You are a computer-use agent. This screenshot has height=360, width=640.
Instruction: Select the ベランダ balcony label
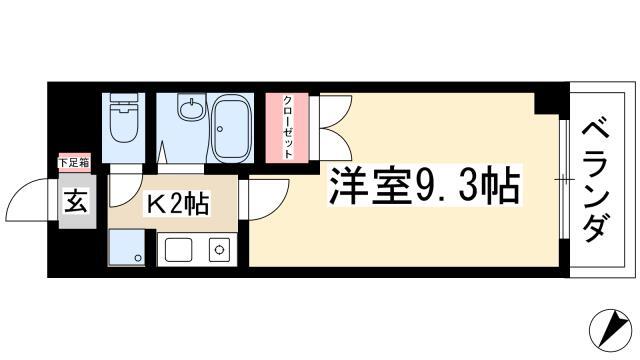[x=596, y=181]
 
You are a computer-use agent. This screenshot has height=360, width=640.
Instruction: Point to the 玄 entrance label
[x=76, y=201]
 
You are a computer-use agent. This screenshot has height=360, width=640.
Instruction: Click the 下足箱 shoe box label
[x=74, y=163]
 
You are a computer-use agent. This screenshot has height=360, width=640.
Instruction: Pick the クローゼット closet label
[x=288, y=127]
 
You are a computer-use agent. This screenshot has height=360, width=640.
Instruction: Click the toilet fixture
[x=123, y=118]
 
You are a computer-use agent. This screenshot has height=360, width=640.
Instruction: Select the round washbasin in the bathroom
[x=191, y=107]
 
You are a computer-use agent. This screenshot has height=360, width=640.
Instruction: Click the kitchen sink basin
[x=178, y=250]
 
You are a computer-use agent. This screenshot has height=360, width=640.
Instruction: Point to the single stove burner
[x=220, y=249]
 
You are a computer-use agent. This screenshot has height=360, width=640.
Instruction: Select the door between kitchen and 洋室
[x=267, y=199]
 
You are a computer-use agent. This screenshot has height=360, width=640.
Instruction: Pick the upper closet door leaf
[x=336, y=111]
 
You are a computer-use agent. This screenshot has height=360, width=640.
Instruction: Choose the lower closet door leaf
[x=336, y=143]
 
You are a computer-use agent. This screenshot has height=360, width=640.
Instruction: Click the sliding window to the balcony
[x=564, y=179]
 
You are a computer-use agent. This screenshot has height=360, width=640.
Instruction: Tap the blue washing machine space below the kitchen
[x=127, y=248]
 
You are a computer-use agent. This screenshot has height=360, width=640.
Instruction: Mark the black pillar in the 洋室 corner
[x=547, y=103]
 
